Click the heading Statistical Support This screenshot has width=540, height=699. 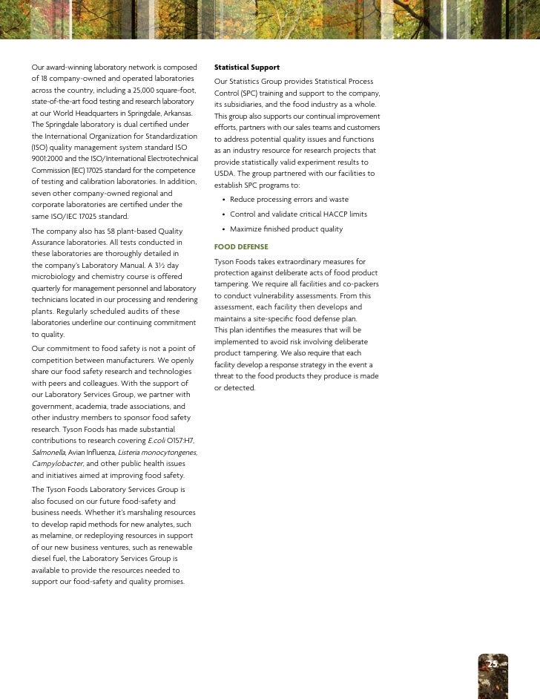point(246,68)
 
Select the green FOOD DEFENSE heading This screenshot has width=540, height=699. point(241,246)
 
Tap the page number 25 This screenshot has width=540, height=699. point(493,663)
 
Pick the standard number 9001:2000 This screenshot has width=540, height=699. point(48,159)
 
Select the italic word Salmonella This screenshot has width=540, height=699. point(48,452)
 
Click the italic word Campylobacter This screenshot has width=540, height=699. point(57,463)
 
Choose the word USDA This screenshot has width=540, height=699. point(224,173)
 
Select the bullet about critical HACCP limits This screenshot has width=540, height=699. point(298,214)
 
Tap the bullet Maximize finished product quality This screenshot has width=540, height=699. point(286,229)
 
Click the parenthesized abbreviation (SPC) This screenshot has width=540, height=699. point(251,93)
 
